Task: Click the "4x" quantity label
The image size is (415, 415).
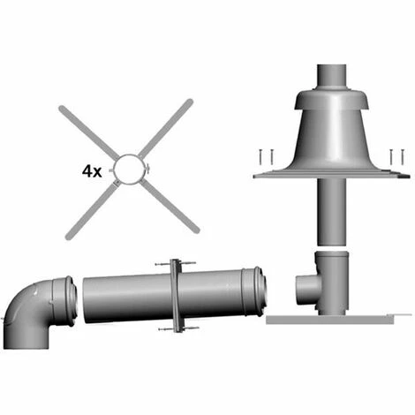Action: (x=92, y=171)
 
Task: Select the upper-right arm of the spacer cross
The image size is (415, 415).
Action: (x=165, y=127)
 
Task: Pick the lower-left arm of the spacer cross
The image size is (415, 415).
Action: (x=90, y=209)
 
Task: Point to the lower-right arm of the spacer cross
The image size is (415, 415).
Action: (x=170, y=207)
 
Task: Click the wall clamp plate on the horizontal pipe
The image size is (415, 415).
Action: (x=176, y=296)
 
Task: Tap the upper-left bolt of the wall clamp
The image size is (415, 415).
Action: (x=162, y=264)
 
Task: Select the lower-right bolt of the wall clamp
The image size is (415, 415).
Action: (x=190, y=328)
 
